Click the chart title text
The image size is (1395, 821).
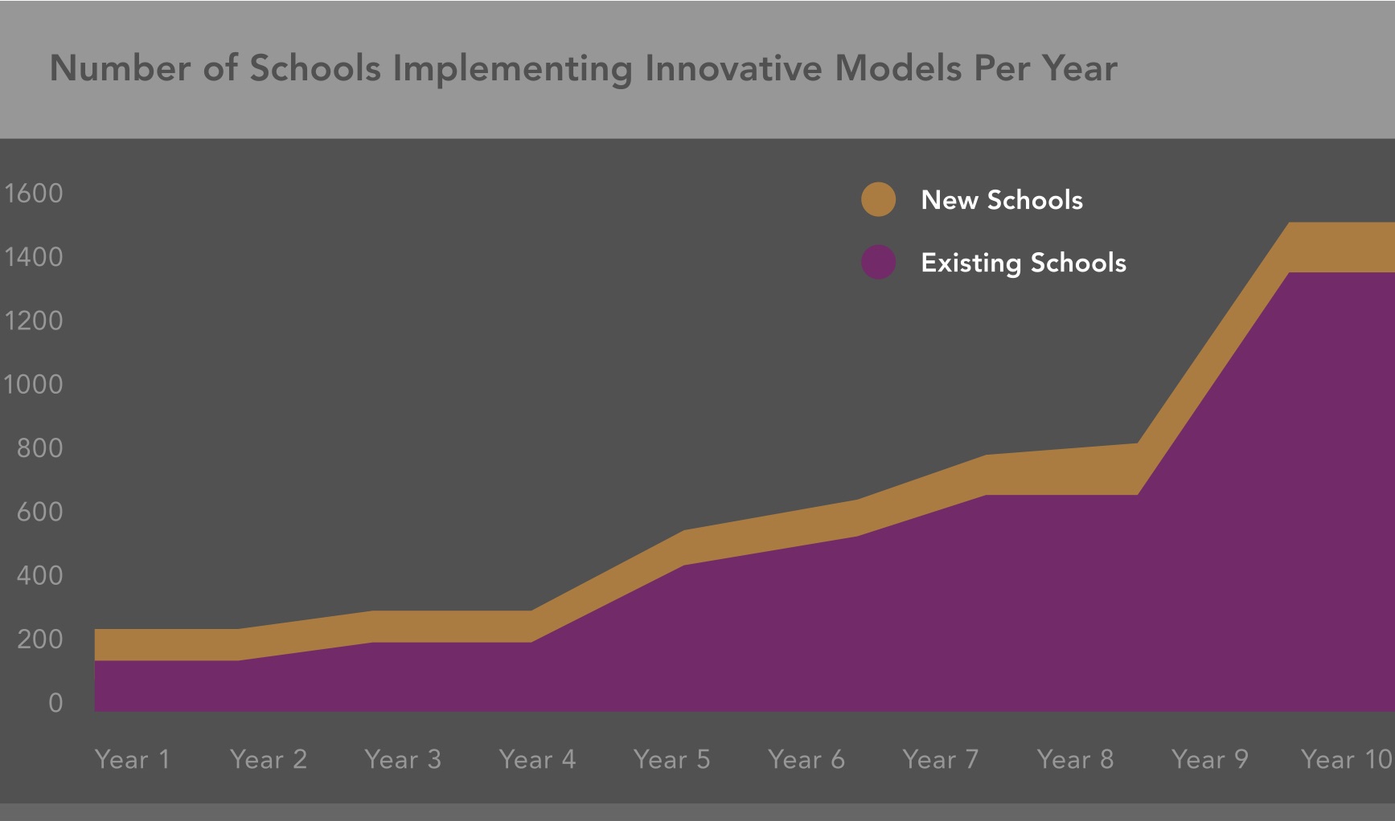(x=583, y=69)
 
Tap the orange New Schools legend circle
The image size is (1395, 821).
(x=878, y=199)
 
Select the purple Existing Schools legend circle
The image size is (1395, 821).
(x=878, y=262)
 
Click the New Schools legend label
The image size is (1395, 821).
(x=1002, y=200)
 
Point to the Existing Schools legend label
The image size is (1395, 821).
(x=1024, y=263)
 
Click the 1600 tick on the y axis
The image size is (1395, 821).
(x=34, y=194)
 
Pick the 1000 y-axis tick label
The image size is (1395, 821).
(x=34, y=385)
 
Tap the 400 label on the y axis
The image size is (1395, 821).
(x=39, y=576)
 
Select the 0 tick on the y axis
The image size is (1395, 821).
(x=55, y=703)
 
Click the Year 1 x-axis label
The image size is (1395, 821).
(x=133, y=759)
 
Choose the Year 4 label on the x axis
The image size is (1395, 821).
(x=537, y=759)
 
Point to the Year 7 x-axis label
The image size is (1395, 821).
(x=941, y=759)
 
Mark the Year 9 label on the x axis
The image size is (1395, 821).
(x=1210, y=759)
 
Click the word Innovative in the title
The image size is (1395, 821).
(x=733, y=69)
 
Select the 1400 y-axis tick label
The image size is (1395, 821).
(x=34, y=257)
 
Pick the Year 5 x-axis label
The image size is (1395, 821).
(x=671, y=759)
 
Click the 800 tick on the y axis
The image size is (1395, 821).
(x=39, y=448)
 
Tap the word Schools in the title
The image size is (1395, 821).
(x=315, y=69)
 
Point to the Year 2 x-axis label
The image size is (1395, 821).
(x=269, y=759)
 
